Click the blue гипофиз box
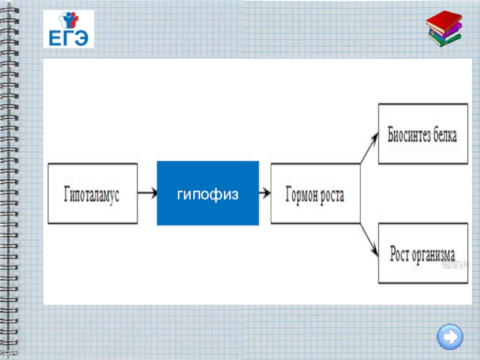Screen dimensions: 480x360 (x=208, y=193)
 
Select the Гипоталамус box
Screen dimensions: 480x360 (x=92, y=194)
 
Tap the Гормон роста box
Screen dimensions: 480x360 (x=316, y=194)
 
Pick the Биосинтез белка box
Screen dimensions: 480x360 (x=422, y=134)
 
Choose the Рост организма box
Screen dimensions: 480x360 (x=422, y=253)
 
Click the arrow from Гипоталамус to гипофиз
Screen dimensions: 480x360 (x=147, y=193)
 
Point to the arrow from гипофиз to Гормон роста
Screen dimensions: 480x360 (x=265, y=193)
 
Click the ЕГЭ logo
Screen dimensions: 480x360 (x=68, y=29)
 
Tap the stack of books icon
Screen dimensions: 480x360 (x=445, y=29)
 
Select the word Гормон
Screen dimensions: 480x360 (x=299, y=194)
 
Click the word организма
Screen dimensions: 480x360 (x=434, y=254)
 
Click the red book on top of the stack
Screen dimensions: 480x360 (x=445, y=20)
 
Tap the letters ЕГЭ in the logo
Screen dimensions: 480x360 (x=68, y=38)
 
